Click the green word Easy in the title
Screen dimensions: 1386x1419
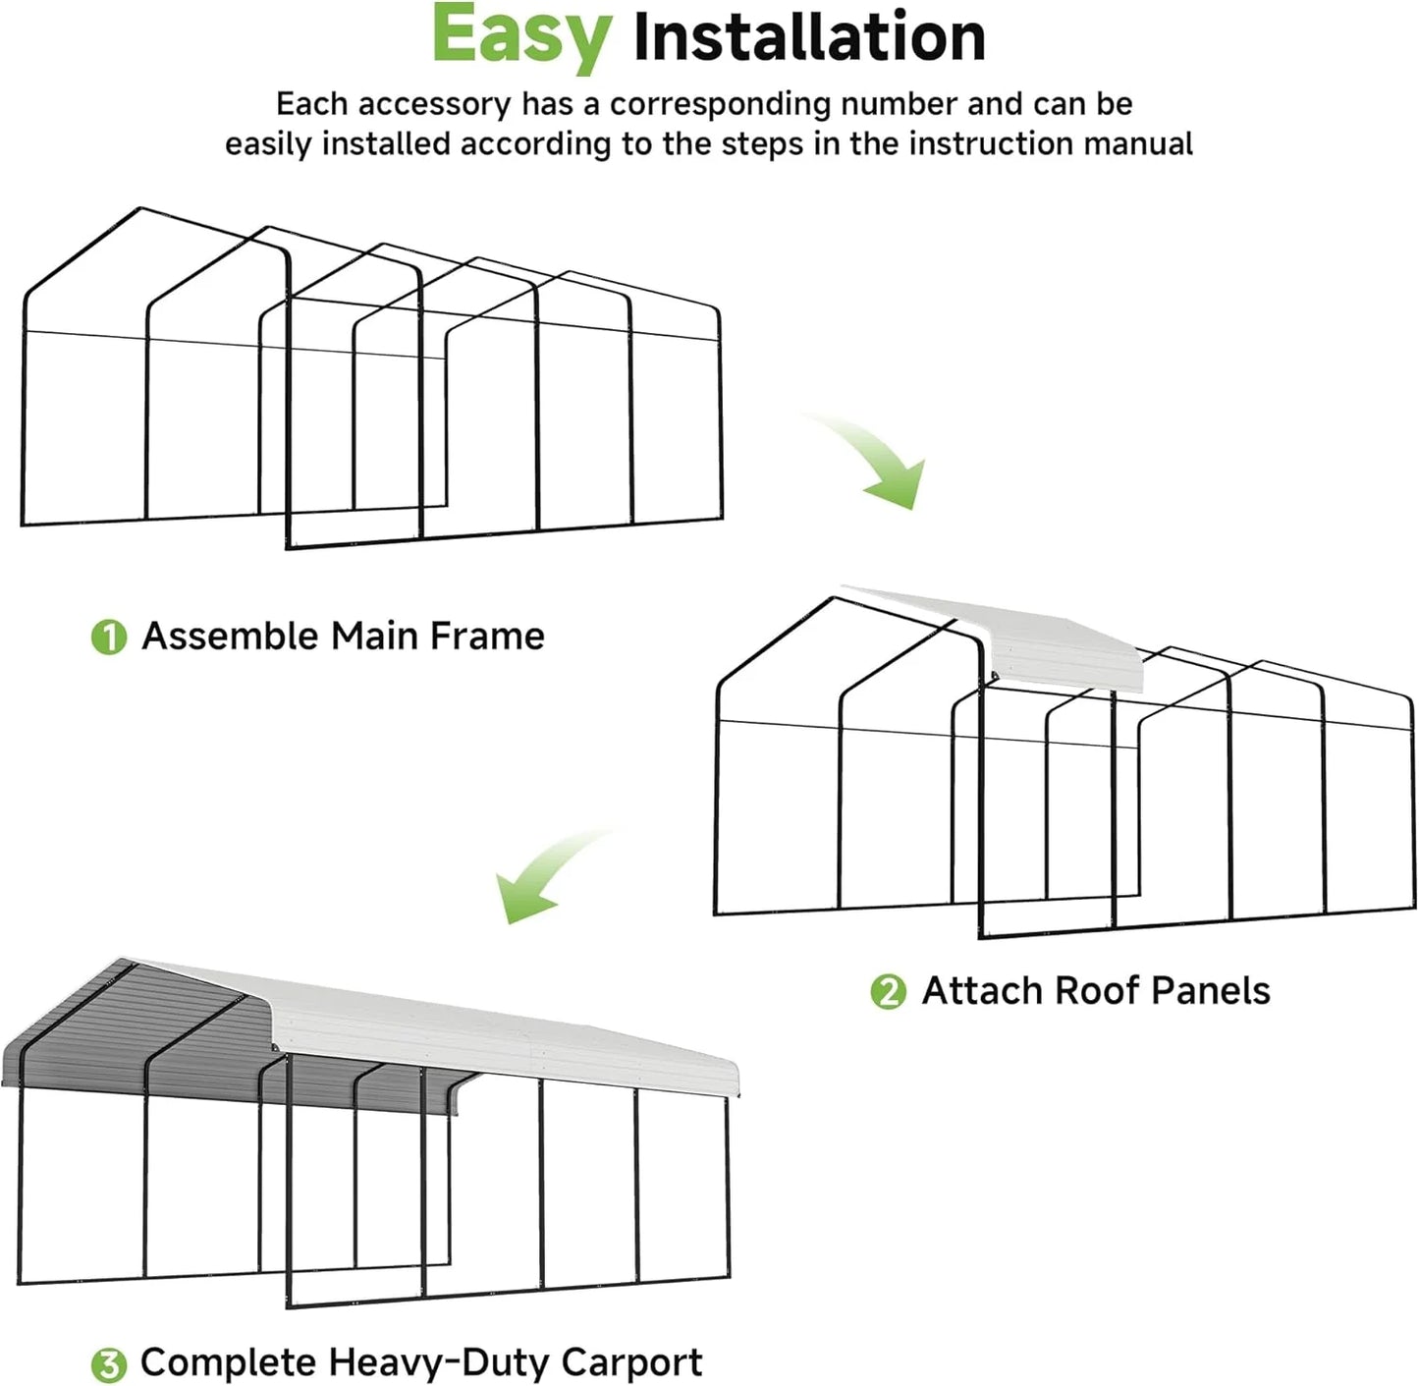(520, 37)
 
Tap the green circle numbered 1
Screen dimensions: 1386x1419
(109, 638)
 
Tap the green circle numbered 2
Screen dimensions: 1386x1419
(889, 992)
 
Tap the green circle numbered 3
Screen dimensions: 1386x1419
(109, 1364)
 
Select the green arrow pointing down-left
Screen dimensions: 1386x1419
(545, 874)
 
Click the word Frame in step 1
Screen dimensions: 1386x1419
(487, 637)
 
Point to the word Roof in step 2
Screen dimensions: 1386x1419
(1096, 991)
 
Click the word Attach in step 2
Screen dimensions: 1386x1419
(981, 991)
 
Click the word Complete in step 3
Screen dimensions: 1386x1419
(229, 1362)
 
